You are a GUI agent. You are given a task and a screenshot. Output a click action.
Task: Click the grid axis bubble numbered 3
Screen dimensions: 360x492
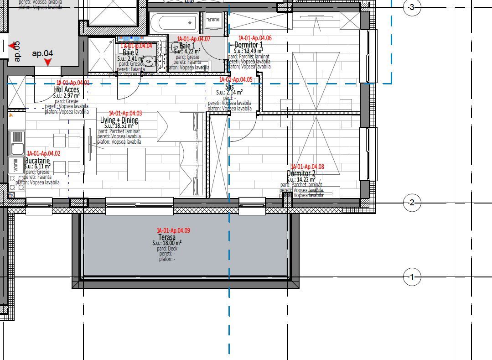click(x=412, y=7)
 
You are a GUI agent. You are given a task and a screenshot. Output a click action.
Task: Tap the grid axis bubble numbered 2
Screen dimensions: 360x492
click(x=412, y=203)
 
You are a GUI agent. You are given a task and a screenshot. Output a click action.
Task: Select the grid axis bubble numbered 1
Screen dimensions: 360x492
click(x=412, y=277)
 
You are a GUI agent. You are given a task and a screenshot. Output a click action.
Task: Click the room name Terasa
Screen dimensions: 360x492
click(x=167, y=238)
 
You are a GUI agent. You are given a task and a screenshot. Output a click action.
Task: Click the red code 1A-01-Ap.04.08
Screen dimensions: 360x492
click(x=307, y=167)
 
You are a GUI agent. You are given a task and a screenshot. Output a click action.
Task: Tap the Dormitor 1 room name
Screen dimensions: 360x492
click(x=249, y=45)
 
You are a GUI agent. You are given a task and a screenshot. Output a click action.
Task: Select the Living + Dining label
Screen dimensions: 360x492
click(x=119, y=120)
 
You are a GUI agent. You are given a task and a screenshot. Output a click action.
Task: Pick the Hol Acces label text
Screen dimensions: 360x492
click(x=67, y=89)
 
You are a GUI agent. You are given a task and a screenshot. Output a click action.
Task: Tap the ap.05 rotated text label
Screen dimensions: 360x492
click(x=17, y=52)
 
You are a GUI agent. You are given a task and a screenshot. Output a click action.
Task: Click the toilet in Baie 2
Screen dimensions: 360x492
click(x=148, y=61)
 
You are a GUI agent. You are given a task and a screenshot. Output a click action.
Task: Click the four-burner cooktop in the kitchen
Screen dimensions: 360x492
click(x=16, y=180)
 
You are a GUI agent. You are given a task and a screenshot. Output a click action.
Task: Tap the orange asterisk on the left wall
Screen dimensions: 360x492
click(x=10, y=116)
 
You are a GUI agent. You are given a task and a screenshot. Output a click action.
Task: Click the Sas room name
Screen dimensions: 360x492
click(x=230, y=86)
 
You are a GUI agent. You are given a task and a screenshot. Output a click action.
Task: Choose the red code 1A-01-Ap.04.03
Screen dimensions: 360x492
click(x=125, y=113)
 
